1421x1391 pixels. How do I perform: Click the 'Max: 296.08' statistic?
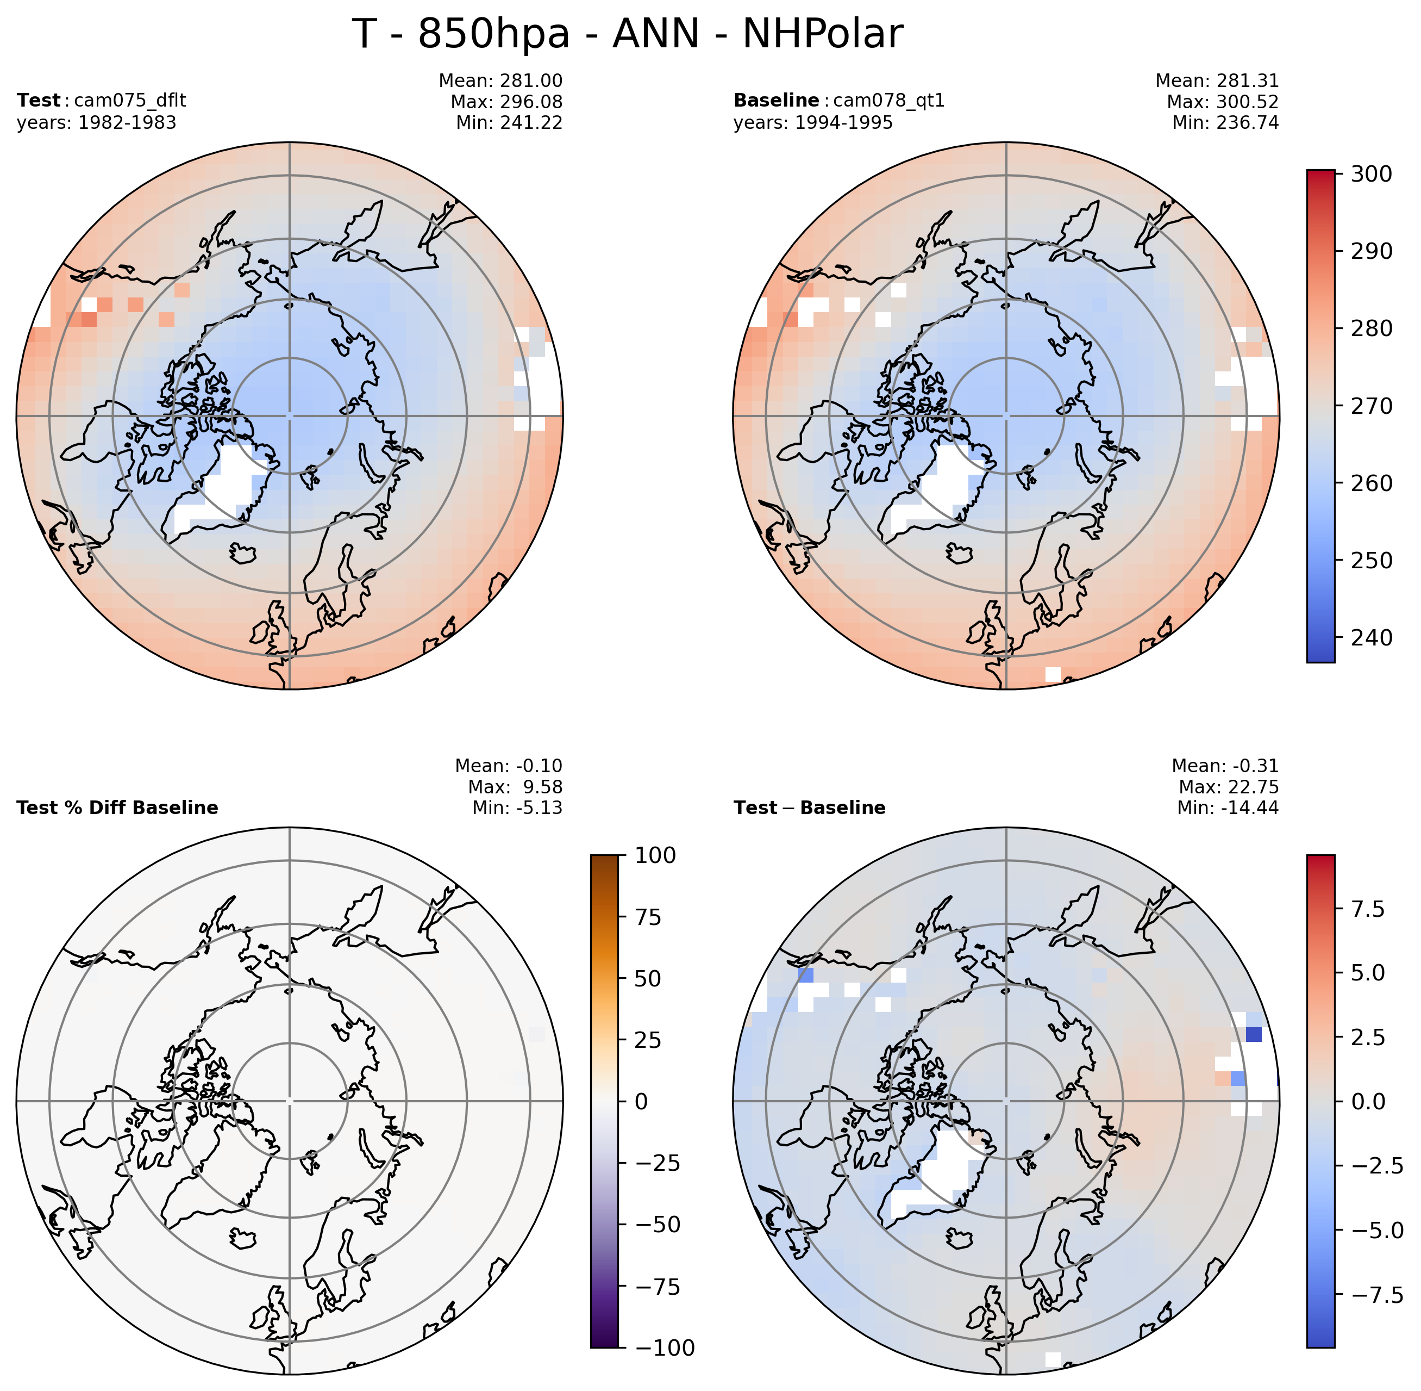coord(506,102)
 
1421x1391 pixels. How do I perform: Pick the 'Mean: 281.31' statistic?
coord(1217,80)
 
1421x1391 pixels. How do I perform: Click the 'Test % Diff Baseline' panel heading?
coord(117,808)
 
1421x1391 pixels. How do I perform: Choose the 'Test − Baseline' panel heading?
coord(809,808)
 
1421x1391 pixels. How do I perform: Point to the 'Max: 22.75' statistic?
coord(1228,786)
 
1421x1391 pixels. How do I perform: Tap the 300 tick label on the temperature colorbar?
coord(1372,174)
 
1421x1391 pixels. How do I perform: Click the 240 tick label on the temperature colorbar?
coord(1372,637)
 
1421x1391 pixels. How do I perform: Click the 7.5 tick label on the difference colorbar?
coord(1368,909)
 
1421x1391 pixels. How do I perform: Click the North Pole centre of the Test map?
coord(289,415)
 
